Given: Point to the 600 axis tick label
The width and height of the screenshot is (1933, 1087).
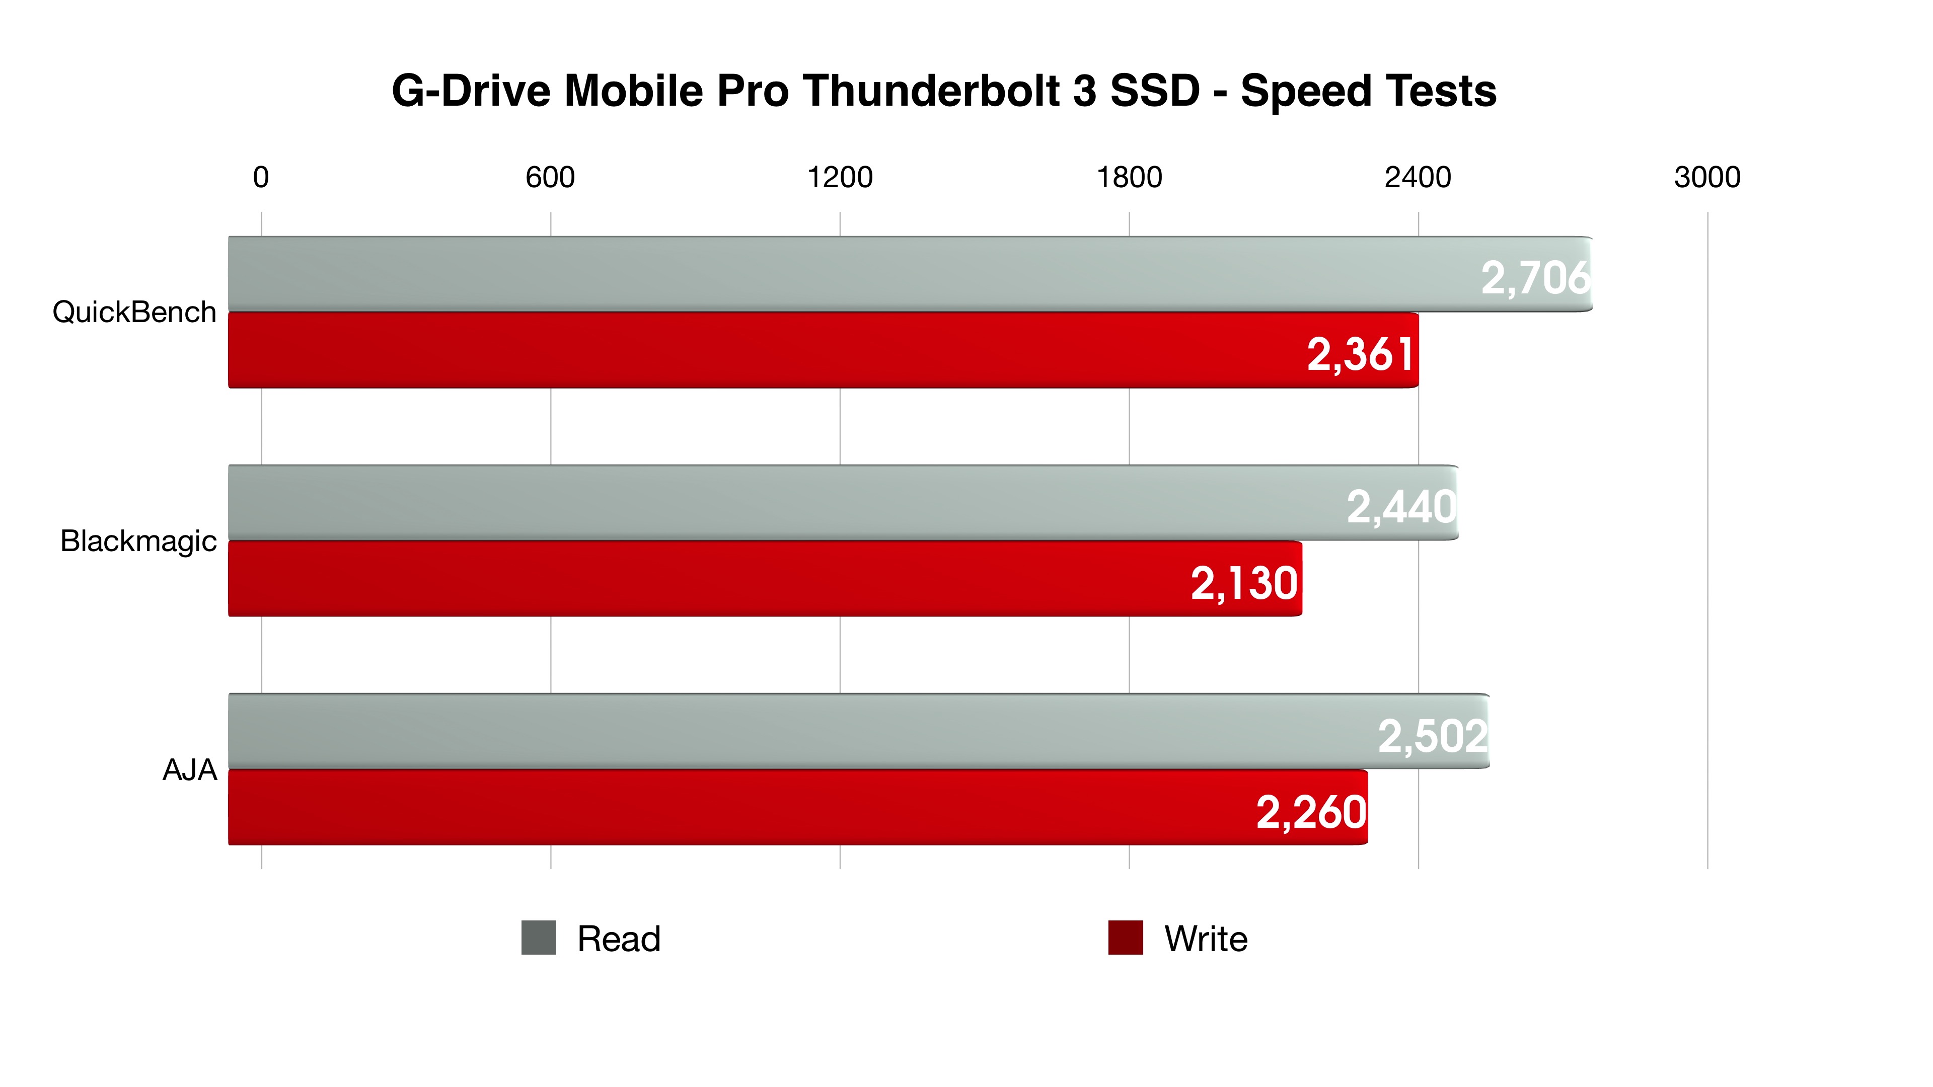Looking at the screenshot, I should pyautogui.click(x=550, y=177).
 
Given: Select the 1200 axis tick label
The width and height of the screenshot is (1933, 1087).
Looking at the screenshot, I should pyautogui.click(x=840, y=177).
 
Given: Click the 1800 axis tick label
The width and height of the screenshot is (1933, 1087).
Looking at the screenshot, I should pyautogui.click(x=1129, y=177).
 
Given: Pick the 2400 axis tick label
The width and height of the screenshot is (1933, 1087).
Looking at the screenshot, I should pyautogui.click(x=1418, y=177).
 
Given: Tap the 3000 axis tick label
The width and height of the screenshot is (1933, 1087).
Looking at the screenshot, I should pyautogui.click(x=1707, y=177).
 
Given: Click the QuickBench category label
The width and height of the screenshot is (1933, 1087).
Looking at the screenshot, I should pyautogui.click(x=134, y=312).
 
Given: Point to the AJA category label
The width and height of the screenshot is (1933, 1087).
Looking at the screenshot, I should pyautogui.click(x=190, y=769).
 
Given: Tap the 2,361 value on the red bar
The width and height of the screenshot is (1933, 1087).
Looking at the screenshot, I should pyautogui.click(x=1361, y=354).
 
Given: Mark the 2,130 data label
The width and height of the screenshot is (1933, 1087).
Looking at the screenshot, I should pyautogui.click(x=1244, y=584).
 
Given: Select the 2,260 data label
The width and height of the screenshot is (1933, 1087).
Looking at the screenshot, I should pyautogui.click(x=1311, y=812).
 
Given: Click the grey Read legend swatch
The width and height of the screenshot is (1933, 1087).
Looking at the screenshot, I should pyautogui.click(x=539, y=938).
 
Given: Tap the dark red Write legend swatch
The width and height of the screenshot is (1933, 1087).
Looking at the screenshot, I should pyautogui.click(x=1126, y=938).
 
